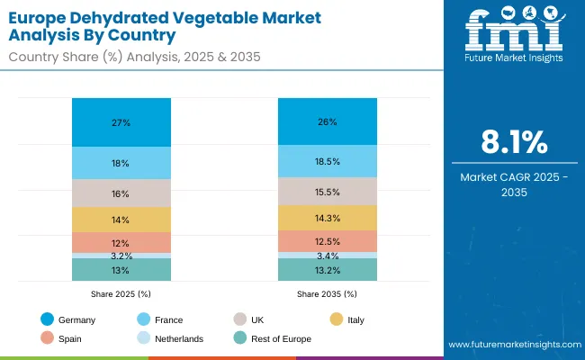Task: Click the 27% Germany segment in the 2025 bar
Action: [121, 122]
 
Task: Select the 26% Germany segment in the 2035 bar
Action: [328, 121]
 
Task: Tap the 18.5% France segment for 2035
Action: [328, 161]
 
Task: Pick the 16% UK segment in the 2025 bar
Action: [121, 193]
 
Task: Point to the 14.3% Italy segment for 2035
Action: [328, 218]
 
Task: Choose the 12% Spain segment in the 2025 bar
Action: [121, 243]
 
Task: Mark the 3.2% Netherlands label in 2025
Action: [121, 256]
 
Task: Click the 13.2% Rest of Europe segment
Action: [328, 270]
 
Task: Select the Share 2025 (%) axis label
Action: [121, 294]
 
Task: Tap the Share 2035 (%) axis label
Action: [328, 294]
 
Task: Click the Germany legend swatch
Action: [46, 319]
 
